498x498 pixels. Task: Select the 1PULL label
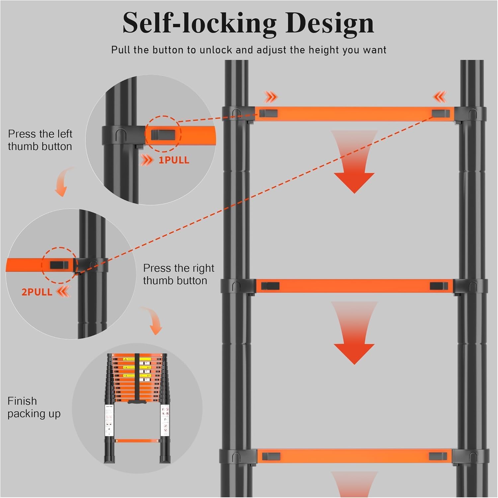[x=174, y=160]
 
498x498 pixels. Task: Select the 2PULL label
[x=37, y=292]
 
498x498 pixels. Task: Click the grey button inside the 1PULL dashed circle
[x=163, y=134]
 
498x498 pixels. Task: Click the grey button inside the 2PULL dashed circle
[x=59, y=265]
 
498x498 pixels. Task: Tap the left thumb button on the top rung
[x=268, y=113]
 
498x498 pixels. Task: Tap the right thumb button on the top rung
[x=441, y=113]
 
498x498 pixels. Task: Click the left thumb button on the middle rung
[x=270, y=286]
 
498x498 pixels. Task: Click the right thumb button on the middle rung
[x=439, y=286]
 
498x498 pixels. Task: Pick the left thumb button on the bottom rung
[x=271, y=456]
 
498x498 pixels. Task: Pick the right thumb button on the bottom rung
[x=438, y=456]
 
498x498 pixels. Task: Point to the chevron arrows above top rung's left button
[x=271, y=97]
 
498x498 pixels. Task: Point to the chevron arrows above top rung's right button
[x=440, y=97]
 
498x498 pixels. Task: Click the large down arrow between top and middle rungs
[x=354, y=166]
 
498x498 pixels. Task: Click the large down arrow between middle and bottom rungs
[x=354, y=337]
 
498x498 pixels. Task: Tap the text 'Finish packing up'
[x=34, y=407]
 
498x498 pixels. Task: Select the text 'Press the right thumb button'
[x=178, y=274]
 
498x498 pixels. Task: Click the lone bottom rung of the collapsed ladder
[x=137, y=441]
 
